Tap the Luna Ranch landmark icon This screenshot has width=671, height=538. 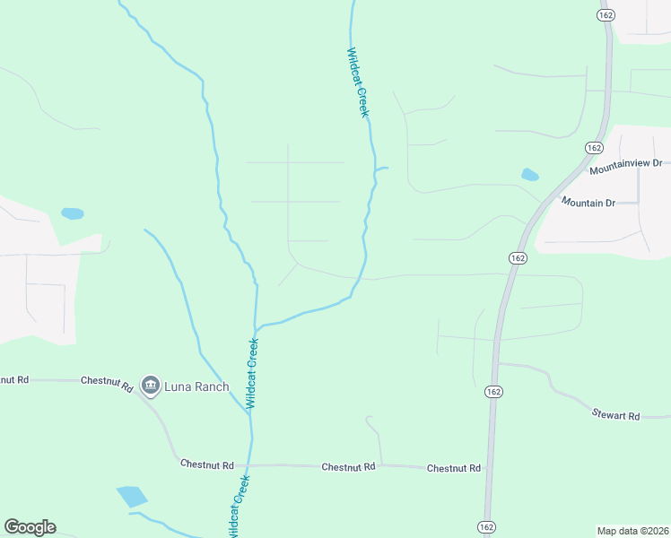150,386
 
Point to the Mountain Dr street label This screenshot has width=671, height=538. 588,203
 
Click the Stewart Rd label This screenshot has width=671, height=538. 615,416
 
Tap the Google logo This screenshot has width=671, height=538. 30,527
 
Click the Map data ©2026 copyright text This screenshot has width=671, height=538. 632,531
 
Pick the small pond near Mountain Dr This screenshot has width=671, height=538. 530,175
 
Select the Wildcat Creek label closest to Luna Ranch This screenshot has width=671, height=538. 252,373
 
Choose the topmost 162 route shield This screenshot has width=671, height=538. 606,15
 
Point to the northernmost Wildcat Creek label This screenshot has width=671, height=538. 358,82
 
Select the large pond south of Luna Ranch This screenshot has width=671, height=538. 132,496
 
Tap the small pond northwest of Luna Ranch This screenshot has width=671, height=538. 72,214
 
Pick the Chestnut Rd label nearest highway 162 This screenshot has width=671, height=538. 454,469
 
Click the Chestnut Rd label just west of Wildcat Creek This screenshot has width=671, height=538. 207,464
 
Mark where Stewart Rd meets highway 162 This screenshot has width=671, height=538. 498,363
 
